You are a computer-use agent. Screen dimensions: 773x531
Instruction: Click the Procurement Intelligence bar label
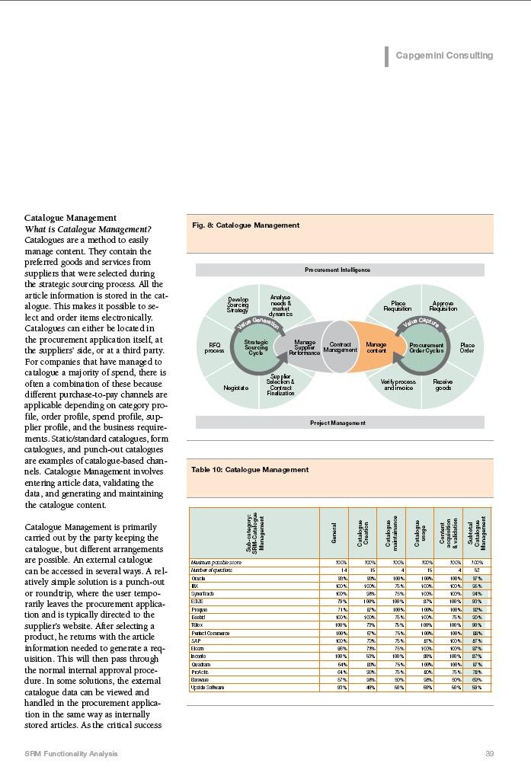(x=340, y=270)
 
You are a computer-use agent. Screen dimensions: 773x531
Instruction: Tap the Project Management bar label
(x=340, y=423)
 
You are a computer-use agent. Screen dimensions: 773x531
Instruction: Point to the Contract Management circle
(x=340, y=347)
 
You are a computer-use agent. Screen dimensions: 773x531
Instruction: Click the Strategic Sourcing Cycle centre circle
(x=256, y=347)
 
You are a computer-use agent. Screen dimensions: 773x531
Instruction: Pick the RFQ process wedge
(x=215, y=347)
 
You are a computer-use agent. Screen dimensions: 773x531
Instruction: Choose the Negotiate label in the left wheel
(x=236, y=388)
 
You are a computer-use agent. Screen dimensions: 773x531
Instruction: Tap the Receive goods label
(x=443, y=384)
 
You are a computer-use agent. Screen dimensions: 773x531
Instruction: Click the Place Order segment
(x=467, y=347)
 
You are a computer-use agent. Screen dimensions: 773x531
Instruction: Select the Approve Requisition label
(x=443, y=306)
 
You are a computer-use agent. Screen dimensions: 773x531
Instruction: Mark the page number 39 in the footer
(x=490, y=753)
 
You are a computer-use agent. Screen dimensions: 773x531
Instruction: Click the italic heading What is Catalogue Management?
(x=88, y=230)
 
